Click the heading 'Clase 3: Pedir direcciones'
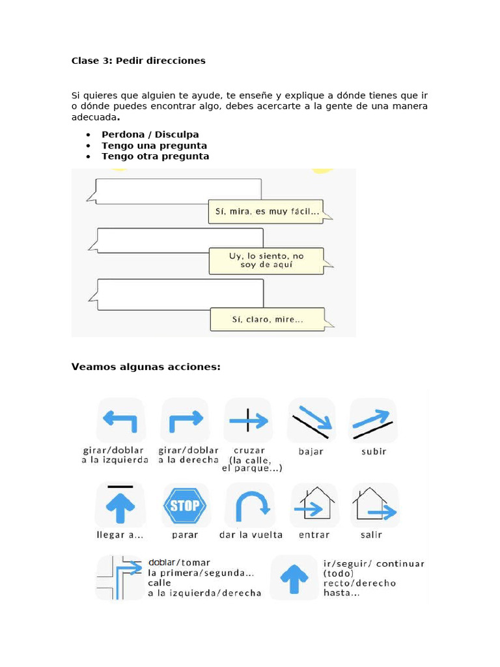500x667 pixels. click(138, 61)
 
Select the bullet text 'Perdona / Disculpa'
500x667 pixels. click(150, 135)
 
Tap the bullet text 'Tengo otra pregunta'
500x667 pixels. click(155, 156)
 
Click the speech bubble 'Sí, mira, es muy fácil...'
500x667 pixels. click(266, 212)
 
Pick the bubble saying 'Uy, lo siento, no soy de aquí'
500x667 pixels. click(266, 261)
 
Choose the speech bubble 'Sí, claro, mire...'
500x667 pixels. click(267, 320)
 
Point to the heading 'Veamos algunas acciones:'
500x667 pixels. click(146, 367)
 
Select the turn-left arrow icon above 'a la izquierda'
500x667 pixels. click(120, 421)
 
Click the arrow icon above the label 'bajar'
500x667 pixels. click(311, 421)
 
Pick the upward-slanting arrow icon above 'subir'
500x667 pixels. click(374, 421)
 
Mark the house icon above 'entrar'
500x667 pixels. click(313, 505)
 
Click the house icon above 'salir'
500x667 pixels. click(374, 505)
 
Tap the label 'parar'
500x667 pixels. click(184, 535)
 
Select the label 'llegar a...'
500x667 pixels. click(120, 535)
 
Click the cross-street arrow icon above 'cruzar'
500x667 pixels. click(248, 421)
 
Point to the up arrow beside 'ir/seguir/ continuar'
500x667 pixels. click(294, 576)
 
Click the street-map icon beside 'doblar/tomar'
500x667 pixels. click(119, 576)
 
